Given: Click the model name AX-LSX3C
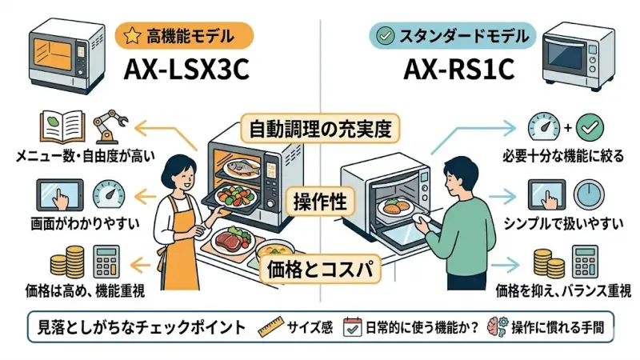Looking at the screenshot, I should click(x=186, y=70).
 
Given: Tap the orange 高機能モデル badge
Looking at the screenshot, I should click(x=185, y=35).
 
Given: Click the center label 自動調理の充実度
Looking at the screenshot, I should click(x=320, y=128).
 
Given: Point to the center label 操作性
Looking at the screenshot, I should click(x=319, y=201).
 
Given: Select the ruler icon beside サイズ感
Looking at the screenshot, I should click(x=273, y=326).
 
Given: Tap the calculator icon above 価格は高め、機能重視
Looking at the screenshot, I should click(x=106, y=261).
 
